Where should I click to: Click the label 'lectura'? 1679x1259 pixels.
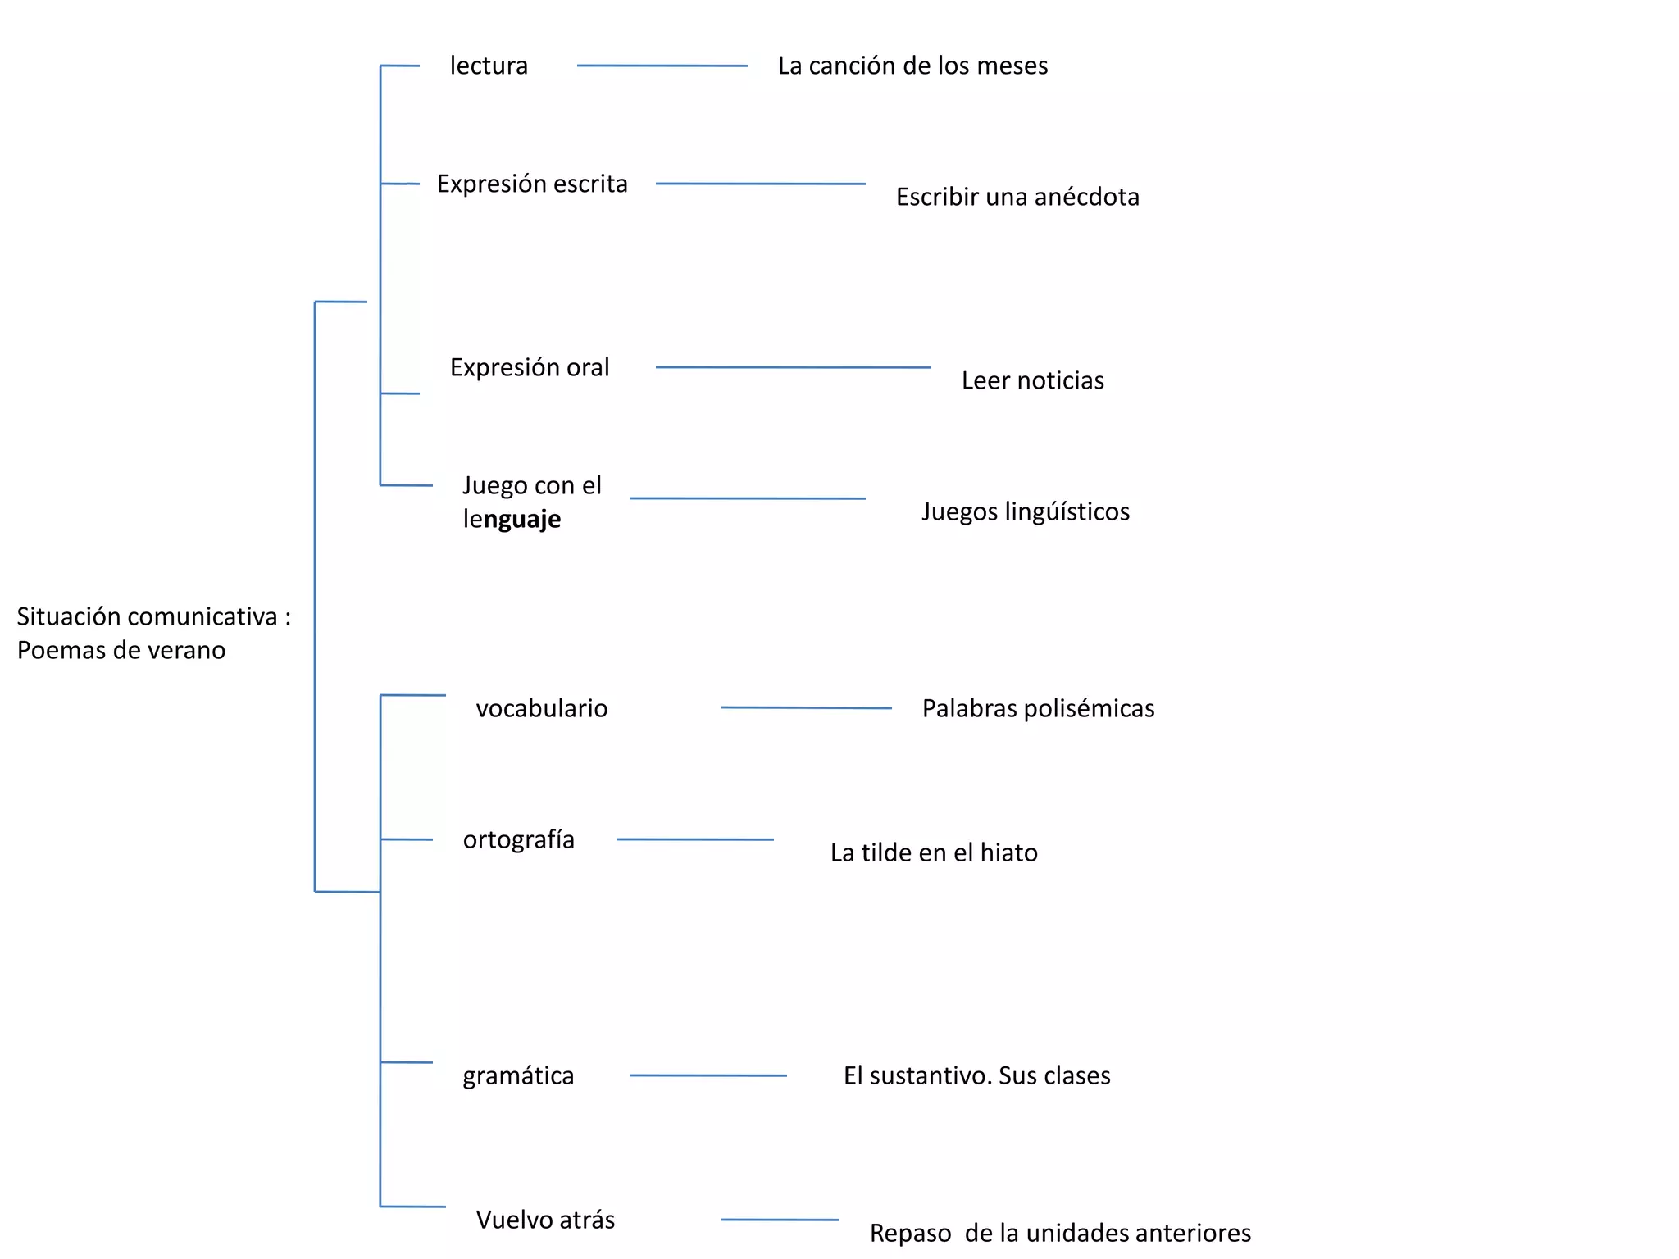click(489, 66)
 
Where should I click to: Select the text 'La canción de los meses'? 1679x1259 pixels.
click(912, 66)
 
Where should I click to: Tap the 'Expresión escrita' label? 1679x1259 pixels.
click(532, 184)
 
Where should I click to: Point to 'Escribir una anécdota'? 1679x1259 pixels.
click(1017, 197)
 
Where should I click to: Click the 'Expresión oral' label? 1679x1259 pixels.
click(530, 367)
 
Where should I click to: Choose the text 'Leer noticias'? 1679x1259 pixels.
click(1032, 380)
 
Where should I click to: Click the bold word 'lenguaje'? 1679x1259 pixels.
click(512, 519)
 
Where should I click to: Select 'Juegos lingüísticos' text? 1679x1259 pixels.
click(1025, 511)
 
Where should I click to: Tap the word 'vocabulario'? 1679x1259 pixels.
click(542, 708)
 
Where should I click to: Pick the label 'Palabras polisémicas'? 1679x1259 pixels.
click(1038, 708)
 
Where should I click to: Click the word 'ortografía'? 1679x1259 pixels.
click(518, 839)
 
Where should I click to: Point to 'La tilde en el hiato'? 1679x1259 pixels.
click(934, 852)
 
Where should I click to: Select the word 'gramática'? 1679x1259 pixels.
click(518, 1075)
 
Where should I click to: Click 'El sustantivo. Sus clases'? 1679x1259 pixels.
click(976, 1075)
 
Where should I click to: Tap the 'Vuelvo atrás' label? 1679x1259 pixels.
click(545, 1220)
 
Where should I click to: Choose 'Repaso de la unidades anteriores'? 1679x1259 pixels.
click(1060, 1233)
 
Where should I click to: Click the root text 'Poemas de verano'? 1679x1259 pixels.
click(121, 650)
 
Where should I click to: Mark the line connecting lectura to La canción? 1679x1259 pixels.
click(662, 66)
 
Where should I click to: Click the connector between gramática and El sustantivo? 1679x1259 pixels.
click(708, 1075)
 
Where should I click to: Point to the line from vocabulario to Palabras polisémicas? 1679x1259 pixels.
click(806, 707)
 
